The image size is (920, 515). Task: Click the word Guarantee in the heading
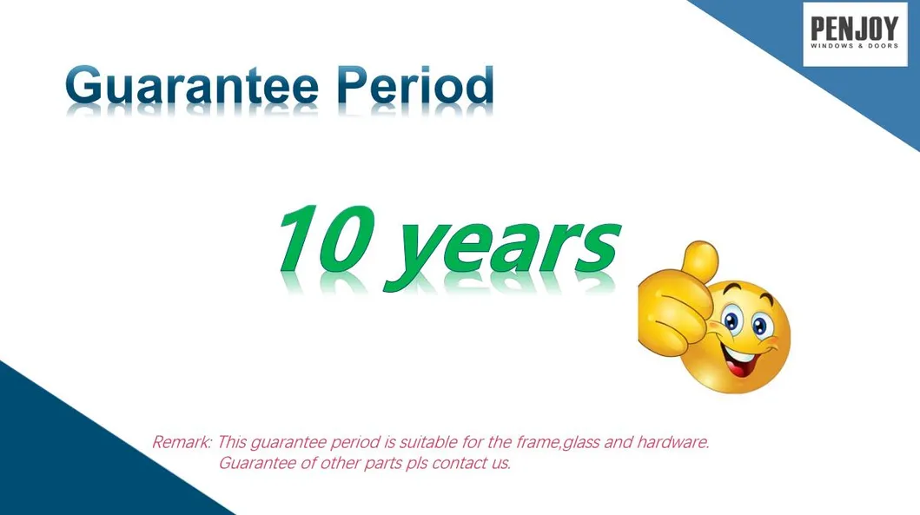point(192,84)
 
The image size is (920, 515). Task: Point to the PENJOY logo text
point(854,28)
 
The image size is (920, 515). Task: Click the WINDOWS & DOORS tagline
point(854,46)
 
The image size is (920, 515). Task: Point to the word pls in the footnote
point(417,465)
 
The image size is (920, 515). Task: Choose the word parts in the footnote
point(382,465)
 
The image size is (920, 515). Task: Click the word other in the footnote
point(340,464)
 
